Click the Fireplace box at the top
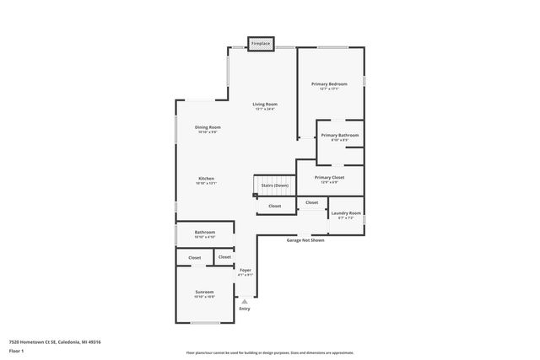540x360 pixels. [x=260, y=43]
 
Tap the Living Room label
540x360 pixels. [x=265, y=105]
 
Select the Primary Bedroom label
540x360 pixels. [x=329, y=84]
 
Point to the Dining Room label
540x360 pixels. [x=208, y=127]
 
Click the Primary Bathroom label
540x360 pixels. [x=340, y=136]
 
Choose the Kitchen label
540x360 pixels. [x=207, y=179]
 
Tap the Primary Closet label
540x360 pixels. [x=329, y=178]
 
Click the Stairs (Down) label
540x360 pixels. [x=275, y=185]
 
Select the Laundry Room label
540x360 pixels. [x=346, y=213]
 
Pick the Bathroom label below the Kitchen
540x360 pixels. [x=205, y=233]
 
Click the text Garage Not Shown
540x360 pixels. [x=305, y=240]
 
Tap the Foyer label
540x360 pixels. [x=246, y=270]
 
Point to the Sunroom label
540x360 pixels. [x=204, y=293]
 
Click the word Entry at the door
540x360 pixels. [x=245, y=309]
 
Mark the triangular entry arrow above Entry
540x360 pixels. [x=245, y=300]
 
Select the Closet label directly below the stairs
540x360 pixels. [x=275, y=206]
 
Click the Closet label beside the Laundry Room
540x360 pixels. [x=312, y=202]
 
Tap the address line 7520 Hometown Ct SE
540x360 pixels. [x=55, y=341]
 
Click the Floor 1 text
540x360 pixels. [x=16, y=350]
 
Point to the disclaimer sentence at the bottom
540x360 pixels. [x=270, y=352]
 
